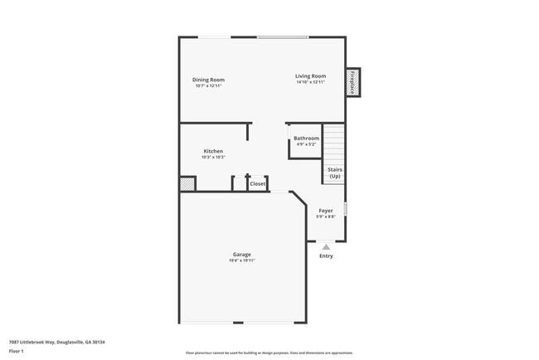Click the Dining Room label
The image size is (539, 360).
tap(210, 80)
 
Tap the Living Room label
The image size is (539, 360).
tap(310, 76)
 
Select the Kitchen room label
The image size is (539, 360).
tap(213, 151)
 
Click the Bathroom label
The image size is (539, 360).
tap(306, 138)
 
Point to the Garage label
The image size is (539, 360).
tap(241, 255)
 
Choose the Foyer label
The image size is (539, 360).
tap(326, 211)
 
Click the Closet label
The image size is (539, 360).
tap(258, 184)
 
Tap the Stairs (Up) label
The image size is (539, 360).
tap(335, 173)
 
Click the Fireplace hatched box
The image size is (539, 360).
tap(353, 82)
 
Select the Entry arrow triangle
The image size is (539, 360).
tap(326, 246)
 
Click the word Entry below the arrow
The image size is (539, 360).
tap(326, 255)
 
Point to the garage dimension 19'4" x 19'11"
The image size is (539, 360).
tap(241, 261)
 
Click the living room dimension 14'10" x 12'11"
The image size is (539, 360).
tap(310, 83)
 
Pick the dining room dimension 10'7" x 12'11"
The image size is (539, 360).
tap(210, 86)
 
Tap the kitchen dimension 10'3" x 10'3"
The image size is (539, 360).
tap(213, 158)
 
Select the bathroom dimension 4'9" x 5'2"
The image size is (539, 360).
tap(306, 144)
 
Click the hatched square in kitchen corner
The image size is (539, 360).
tap(188, 184)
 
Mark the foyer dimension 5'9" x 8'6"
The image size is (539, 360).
tap(326, 217)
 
